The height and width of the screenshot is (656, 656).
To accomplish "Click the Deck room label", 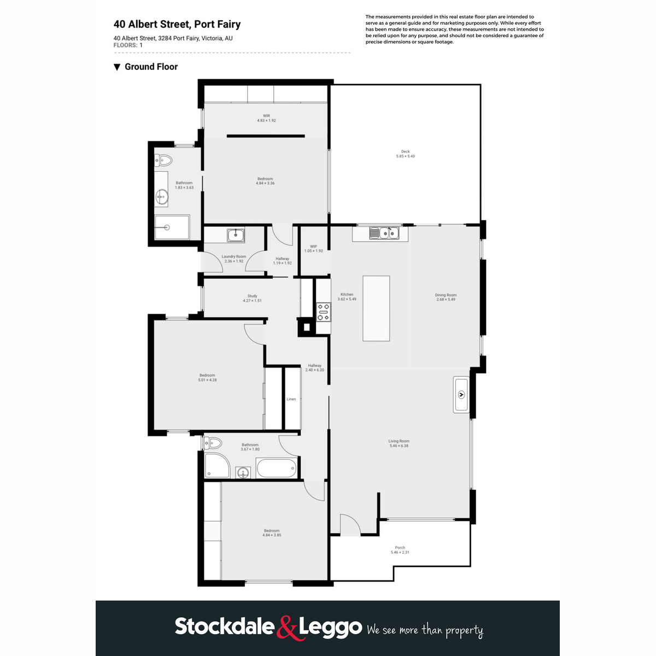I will (x=405, y=152).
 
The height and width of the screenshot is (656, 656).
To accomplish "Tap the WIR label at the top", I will (x=266, y=116).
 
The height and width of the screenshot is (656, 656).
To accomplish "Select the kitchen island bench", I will (x=376, y=308).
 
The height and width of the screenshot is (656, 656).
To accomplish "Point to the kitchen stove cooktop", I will (x=324, y=312).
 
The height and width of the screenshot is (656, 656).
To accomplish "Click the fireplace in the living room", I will (x=461, y=394).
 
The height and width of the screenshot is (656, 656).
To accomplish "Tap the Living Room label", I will (x=399, y=441).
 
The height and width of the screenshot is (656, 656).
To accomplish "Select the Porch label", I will (x=400, y=548).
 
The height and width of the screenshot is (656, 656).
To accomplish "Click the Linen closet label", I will (x=291, y=399).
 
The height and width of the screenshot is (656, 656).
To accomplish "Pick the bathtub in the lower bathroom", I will (x=277, y=468).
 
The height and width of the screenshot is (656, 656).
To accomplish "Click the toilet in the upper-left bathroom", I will (x=163, y=161).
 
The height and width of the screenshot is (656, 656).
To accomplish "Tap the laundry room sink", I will (x=236, y=236).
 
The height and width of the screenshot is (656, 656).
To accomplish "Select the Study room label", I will (x=252, y=296).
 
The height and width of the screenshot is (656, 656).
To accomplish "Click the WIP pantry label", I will (x=313, y=247).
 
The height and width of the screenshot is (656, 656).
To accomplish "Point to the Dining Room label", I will (x=446, y=295).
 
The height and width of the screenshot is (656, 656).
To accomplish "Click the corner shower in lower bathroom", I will (x=216, y=466).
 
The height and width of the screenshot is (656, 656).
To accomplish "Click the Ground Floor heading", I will (x=151, y=67).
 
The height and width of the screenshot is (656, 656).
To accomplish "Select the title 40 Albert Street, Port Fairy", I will (x=177, y=24).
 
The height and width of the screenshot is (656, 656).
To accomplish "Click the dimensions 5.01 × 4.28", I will (x=207, y=380).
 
